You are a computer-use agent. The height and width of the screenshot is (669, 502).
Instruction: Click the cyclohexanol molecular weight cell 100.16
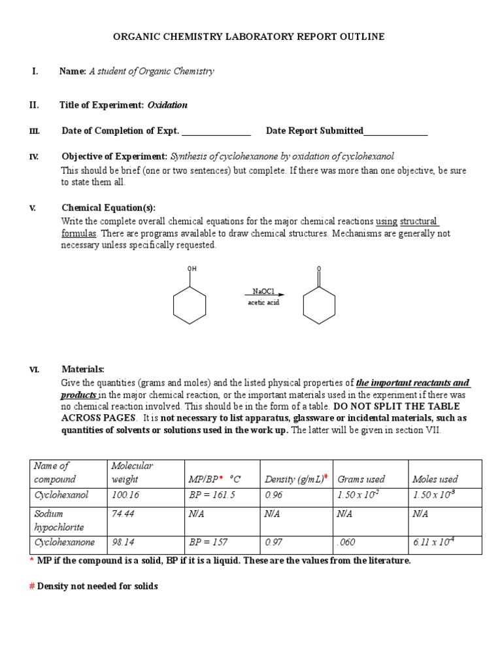pyautogui.click(x=125, y=495)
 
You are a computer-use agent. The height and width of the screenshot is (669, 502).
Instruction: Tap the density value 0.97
pyautogui.click(x=274, y=542)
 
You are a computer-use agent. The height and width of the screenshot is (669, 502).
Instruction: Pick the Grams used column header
pyautogui.click(x=361, y=479)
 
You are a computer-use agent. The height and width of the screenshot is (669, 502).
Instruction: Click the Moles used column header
pyautogui.click(x=435, y=479)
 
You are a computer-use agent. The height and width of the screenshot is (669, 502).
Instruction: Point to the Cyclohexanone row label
pyautogui.click(x=64, y=542)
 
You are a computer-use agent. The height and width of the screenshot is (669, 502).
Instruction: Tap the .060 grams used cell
pyautogui.click(x=347, y=542)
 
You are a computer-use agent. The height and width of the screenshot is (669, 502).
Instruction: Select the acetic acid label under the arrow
pyautogui.click(x=263, y=302)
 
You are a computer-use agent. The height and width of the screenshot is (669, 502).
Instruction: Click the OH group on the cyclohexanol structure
pyautogui.click(x=192, y=269)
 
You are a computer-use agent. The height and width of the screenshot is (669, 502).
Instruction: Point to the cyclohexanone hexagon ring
pyautogui.click(x=319, y=305)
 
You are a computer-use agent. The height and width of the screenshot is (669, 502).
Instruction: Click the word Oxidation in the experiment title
pyautogui.click(x=167, y=105)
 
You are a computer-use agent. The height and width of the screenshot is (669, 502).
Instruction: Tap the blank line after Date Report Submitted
pyautogui.click(x=395, y=131)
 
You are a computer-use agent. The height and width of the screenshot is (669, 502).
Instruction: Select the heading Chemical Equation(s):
pyautogui.click(x=109, y=208)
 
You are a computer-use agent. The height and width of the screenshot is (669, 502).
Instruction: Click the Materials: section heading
pyautogui.click(x=83, y=369)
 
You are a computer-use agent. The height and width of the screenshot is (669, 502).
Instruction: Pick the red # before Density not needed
pyautogui.click(x=32, y=586)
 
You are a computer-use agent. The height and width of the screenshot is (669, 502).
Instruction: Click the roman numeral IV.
pyautogui.click(x=34, y=156)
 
